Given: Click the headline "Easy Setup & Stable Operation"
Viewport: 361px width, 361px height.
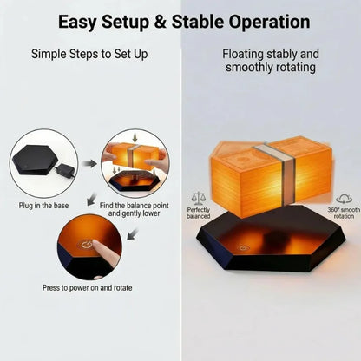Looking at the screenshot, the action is (x=184, y=23).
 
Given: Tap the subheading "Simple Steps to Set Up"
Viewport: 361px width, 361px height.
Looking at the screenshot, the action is (x=89, y=54).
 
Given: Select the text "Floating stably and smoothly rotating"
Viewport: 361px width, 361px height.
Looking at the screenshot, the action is (x=271, y=61).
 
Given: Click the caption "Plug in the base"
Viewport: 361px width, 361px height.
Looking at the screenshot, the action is (x=43, y=206).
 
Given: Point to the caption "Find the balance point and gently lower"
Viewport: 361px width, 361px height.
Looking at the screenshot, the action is (x=135, y=209).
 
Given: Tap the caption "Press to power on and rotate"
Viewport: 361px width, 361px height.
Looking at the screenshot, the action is (x=88, y=288).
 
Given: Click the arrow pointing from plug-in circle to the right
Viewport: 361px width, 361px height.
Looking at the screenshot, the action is (x=90, y=163).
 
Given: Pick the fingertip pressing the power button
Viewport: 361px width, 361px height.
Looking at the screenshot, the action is (x=97, y=246).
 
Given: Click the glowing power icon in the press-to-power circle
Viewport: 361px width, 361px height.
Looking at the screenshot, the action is (x=87, y=246).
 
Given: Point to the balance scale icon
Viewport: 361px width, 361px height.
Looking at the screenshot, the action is (x=199, y=198).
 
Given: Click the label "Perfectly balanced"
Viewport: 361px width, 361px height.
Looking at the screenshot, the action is (x=199, y=213).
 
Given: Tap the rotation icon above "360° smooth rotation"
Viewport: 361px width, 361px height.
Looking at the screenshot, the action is (x=344, y=199).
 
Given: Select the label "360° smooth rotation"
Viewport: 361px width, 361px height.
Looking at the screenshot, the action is (x=344, y=213).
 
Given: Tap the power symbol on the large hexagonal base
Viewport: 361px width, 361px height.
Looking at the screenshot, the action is (x=244, y=248).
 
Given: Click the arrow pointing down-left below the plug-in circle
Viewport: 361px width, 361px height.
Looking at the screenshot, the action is (x=92, y=199).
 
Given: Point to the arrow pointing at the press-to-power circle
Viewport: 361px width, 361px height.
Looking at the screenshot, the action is (x=133, y=233).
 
